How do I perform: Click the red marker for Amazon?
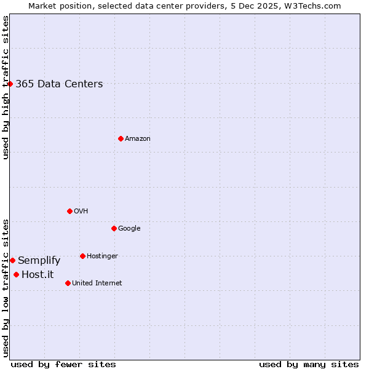[x=121, y=138]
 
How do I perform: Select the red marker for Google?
[x=114, y=228]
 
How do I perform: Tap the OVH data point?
[x=69, y=211]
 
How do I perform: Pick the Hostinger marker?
[x=82, y=256]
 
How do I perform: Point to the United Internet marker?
[x=68, y=283]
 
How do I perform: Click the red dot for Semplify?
[x=12, y=260]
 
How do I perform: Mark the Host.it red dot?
[x=16, y=274]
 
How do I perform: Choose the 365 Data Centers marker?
[x=10, y=84]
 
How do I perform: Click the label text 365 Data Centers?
[x=59, y=84]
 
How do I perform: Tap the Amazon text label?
[x=138, y=139]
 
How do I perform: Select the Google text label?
[x=129, y=229]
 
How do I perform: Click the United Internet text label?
[x=97, y=284]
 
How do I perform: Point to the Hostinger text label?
[x=102, y=256]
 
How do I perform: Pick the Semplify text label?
[x=39, y=261]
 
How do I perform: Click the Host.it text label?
[x=38, y=275]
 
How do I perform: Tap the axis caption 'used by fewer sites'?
[x=63, y=364]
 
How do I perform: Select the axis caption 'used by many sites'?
[x=309, y=364]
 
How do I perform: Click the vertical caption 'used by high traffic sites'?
[x=6, y=87]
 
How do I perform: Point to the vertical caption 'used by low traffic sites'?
[x=6, y=287]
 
